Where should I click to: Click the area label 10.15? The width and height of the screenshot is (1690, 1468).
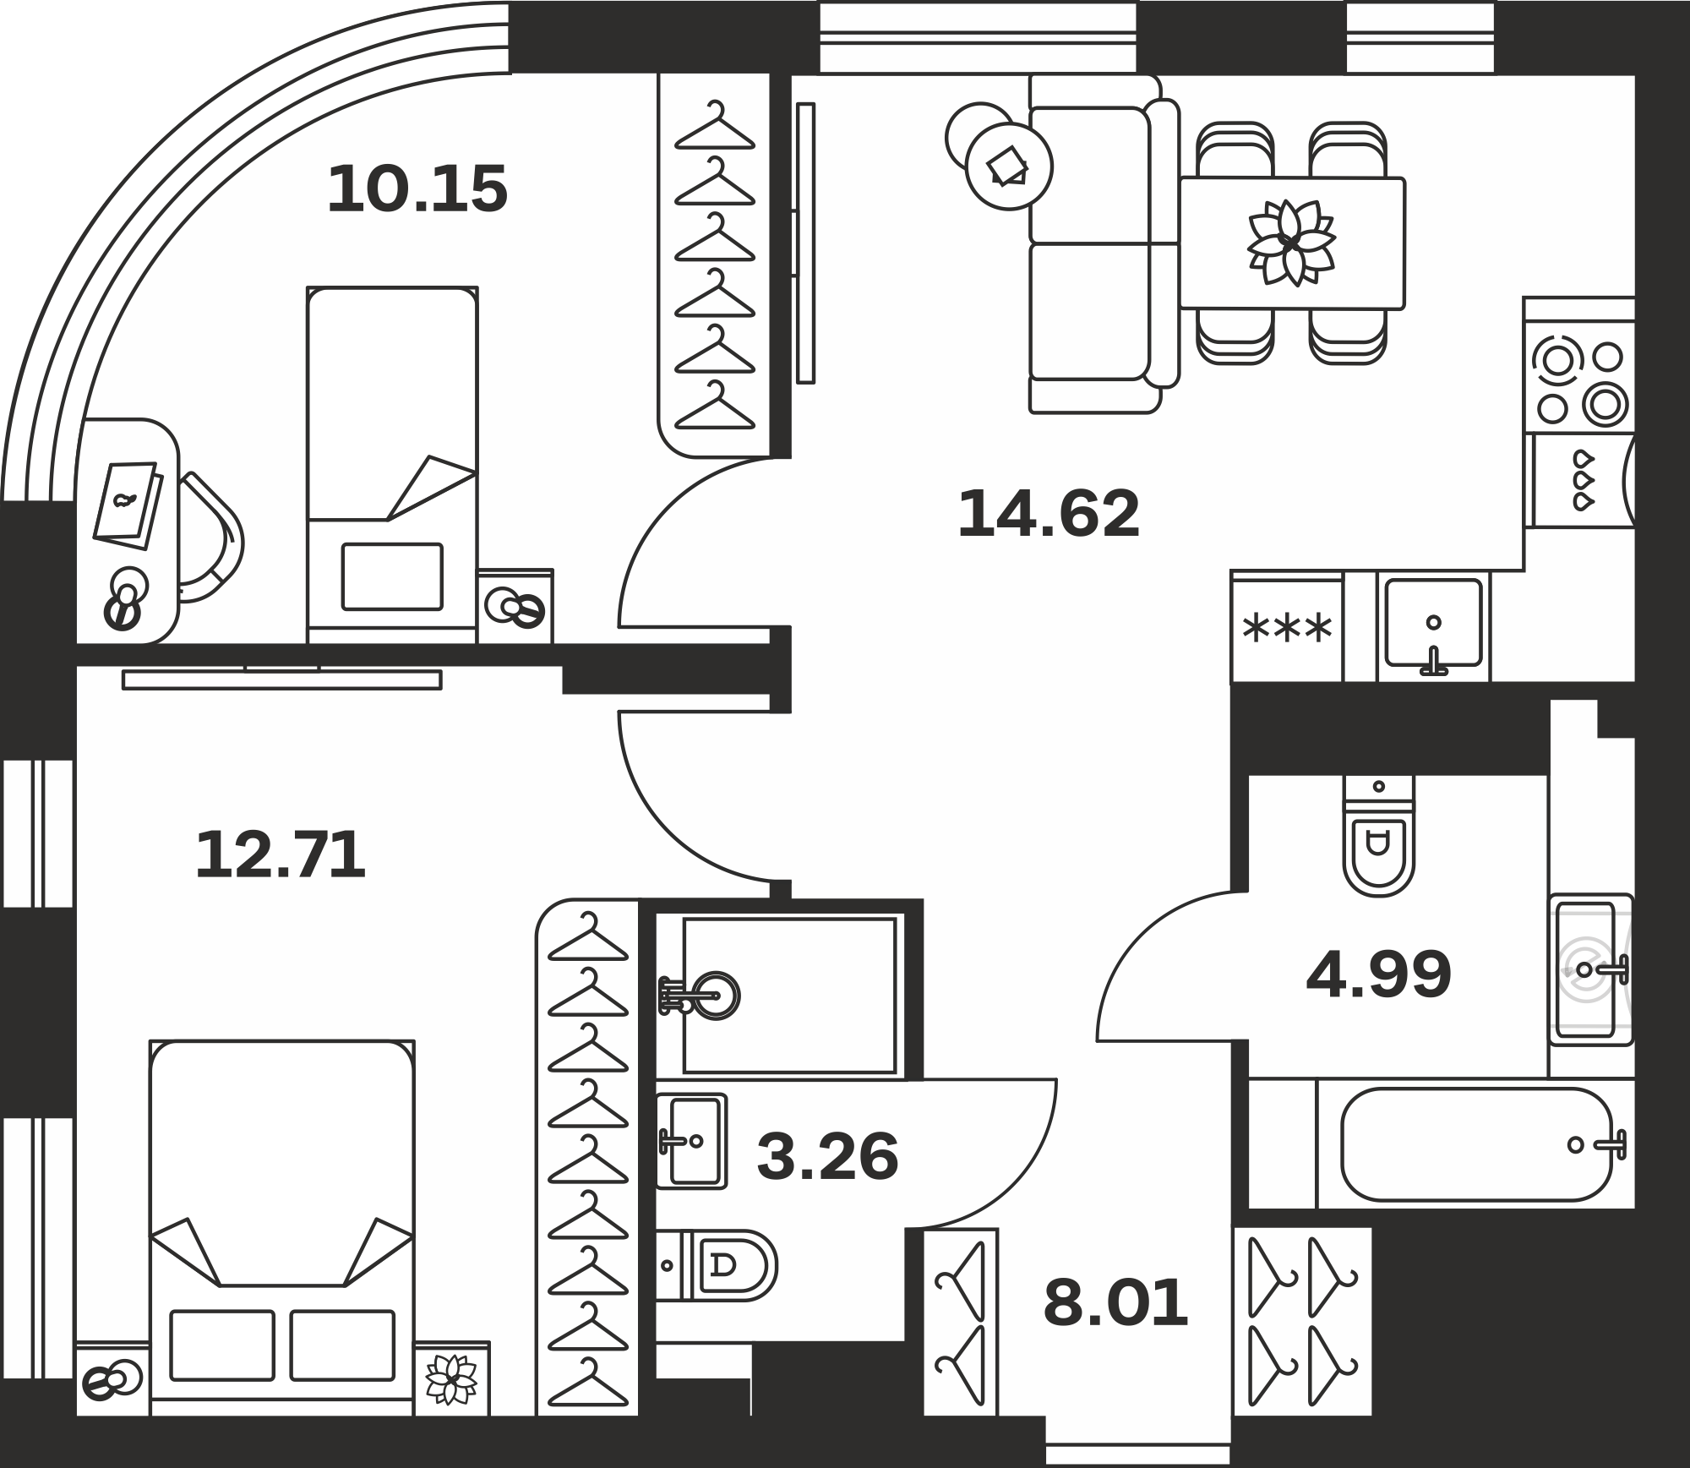click(417, 188)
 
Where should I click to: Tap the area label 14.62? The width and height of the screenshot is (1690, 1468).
click(1049, 514)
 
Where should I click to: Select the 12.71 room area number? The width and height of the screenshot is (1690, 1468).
click(281, 854)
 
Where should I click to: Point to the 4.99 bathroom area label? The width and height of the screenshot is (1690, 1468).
click(1379, 974)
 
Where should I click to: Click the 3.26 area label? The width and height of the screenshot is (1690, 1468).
click(827, 1157)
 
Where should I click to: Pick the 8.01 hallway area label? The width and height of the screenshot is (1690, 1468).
click(1115, 1303)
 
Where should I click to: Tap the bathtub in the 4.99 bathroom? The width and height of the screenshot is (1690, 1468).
click(1475, 1144)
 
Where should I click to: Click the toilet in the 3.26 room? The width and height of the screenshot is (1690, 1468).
click(717, 1265)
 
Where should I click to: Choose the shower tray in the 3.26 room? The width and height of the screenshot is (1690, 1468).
click(789, 995)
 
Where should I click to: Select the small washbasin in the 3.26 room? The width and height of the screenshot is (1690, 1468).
click(691, 1141)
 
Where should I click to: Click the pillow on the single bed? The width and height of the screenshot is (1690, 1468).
click(392, 576)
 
